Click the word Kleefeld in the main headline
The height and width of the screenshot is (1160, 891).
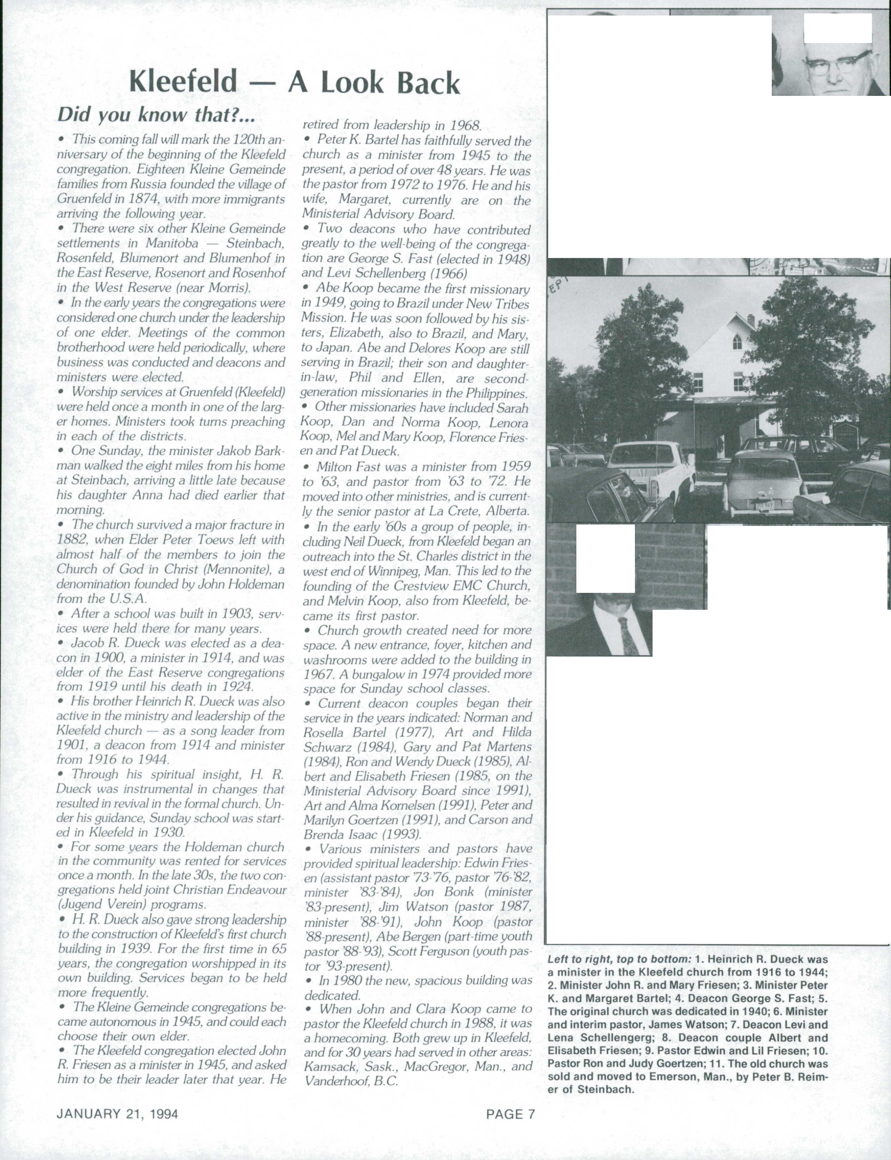click(x=183, y=82)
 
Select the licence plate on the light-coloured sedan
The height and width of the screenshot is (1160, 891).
click(x=764, y=505)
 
